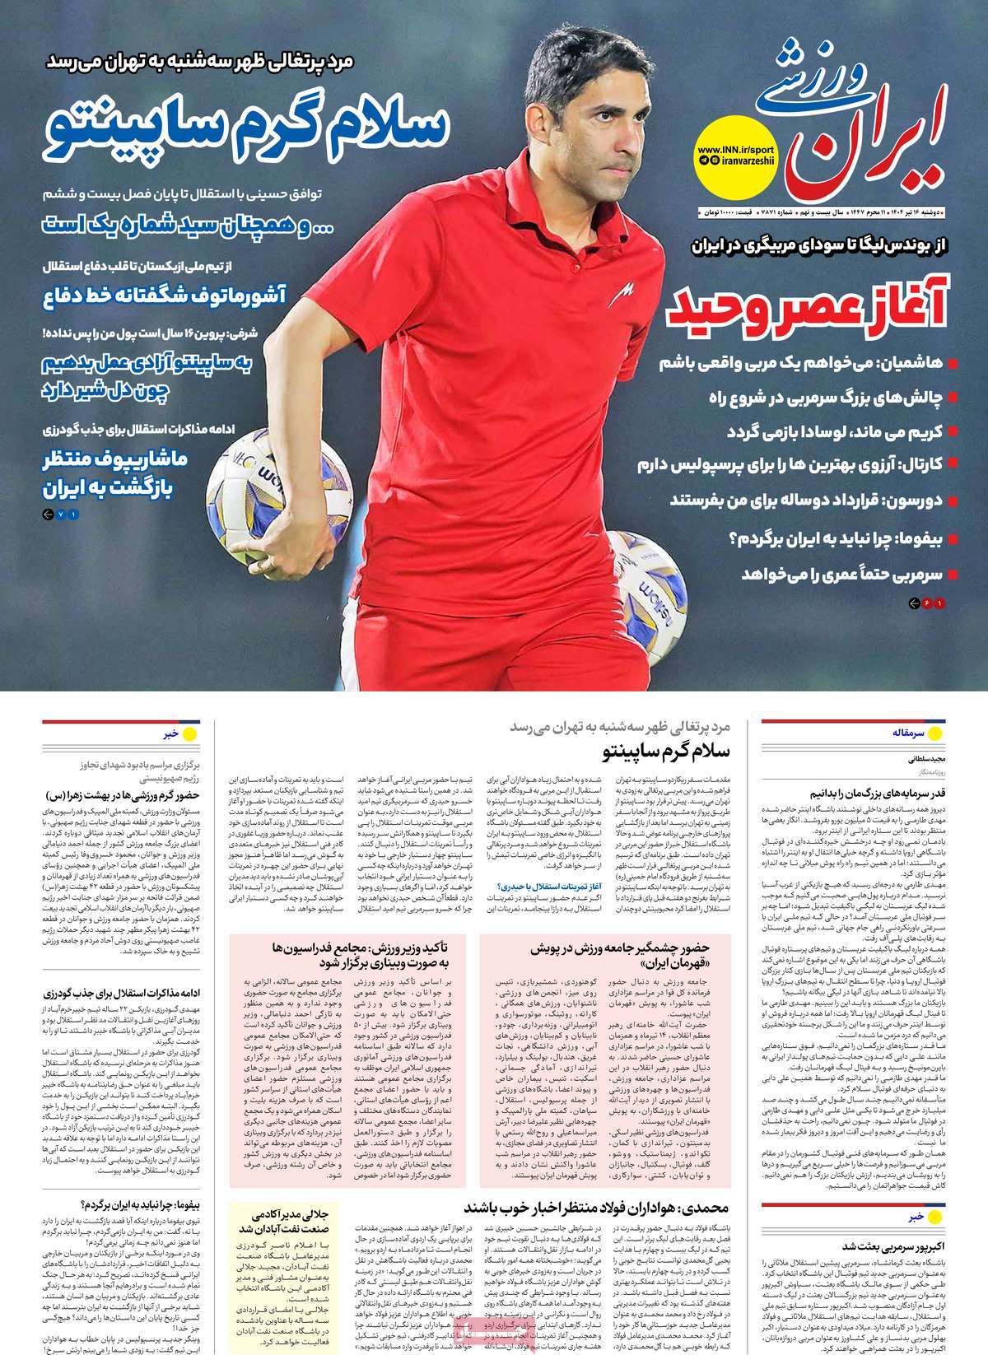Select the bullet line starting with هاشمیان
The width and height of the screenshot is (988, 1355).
point(807,362)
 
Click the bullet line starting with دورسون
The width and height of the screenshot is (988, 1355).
point(807,500)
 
